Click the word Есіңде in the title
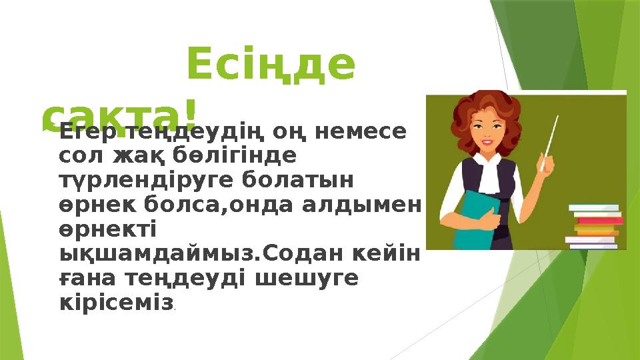point(271,65)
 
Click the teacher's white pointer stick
point(551,137)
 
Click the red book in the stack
point(599,220)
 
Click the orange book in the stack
point(595,230)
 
